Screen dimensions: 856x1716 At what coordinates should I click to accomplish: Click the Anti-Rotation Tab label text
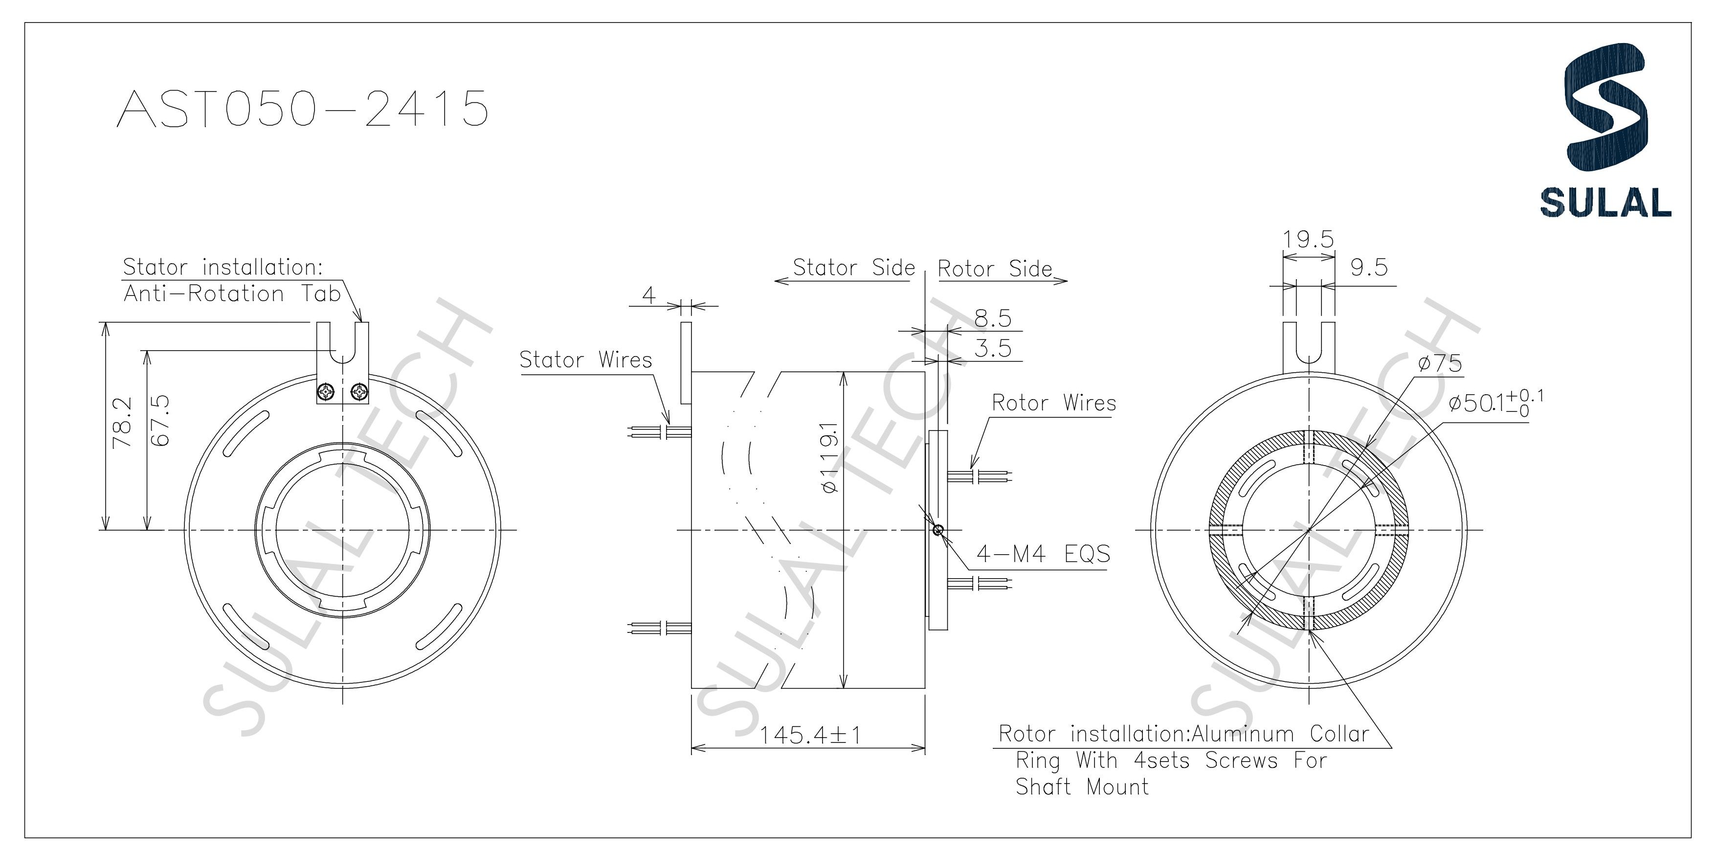pyautogui.click(x=232, y=294)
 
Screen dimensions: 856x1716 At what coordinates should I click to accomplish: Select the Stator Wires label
pyautogui.click(x=585, y=360)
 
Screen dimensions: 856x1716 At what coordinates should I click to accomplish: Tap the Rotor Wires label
pyautogui.click(x=1054, y=403)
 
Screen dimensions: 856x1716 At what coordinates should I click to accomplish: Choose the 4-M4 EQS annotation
pyautogui.click(x=1043, y=554)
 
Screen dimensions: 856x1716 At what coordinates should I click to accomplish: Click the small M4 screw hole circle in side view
pyautogui.click(x=938, y=530)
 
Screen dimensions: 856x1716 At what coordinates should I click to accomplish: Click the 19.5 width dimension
pyautogui.click(x=1308, y=239)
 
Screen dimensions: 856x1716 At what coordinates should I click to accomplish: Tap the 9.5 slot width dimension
pyautogui.click(x=1368, y=268)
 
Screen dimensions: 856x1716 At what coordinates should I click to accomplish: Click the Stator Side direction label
pyautogui.click(x=854, y=268)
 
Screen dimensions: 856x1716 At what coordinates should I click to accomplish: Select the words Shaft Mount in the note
pyautogui.click(x=1082, y=787)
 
